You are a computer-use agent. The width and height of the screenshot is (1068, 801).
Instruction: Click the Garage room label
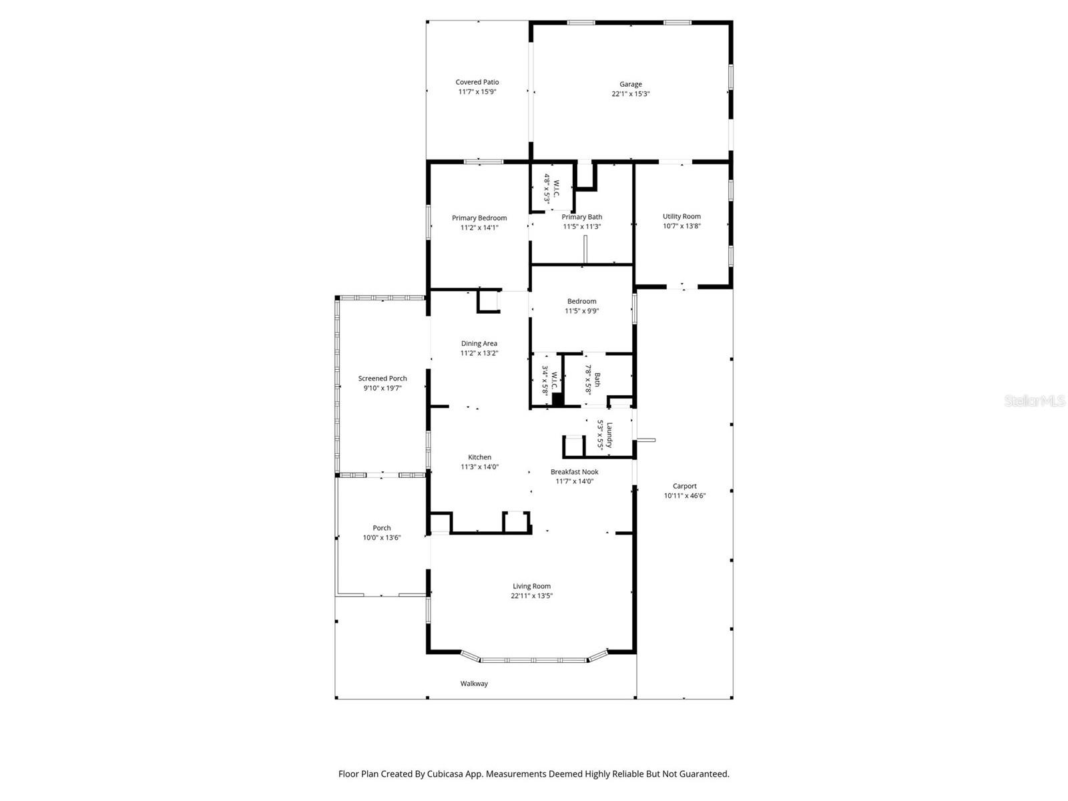point(630,84)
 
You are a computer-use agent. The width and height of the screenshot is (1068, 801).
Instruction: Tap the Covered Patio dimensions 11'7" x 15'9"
point(477,92)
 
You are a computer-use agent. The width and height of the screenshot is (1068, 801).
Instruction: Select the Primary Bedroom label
point(479,218)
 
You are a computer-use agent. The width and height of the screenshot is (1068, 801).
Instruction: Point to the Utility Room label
point(682,216)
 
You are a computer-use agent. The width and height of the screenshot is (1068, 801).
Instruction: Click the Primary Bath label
point(581,217)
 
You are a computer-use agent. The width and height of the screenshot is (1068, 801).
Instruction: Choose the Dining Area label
point(479,343)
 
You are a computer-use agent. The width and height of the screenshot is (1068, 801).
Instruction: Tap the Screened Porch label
point(382,378)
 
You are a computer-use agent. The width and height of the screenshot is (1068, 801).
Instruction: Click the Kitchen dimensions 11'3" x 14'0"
point(479,467)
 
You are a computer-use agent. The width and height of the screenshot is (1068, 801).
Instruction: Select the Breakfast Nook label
point(574,472)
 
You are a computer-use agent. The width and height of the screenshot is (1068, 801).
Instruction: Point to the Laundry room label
point(609,435)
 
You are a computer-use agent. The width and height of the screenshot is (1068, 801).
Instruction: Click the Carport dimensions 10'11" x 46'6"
point(684,496)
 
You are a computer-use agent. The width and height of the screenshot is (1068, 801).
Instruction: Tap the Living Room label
point(531,586)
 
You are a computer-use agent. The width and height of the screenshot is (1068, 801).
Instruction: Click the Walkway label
point(474,684)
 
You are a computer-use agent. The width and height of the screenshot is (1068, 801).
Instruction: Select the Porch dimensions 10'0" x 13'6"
point(382,537)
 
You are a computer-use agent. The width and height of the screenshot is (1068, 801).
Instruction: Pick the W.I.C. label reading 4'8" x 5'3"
point(551,188)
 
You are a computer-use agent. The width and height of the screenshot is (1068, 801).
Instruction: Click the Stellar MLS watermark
point(1035,401)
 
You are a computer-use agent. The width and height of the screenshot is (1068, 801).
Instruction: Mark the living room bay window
point(534,659)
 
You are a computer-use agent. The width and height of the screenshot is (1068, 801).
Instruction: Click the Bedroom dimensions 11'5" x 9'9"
point(581,311)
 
